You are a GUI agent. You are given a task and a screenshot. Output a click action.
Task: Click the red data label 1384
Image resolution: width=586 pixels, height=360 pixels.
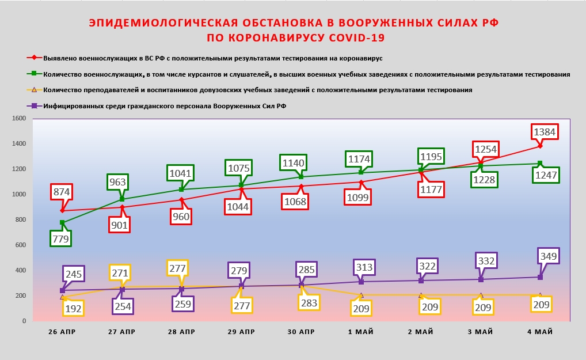click(x=544, y=132)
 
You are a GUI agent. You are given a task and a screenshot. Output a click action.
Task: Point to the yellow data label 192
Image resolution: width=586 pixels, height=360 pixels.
click(x=74, y=308)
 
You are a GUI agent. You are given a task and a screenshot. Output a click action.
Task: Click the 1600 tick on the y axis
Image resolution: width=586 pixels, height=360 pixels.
click(x=20, y=118)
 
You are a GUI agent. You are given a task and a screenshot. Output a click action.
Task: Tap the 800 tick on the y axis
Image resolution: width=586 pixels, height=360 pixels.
click(x=21, y=219)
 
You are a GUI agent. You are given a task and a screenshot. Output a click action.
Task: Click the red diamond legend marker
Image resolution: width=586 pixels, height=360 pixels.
click(x=35, y=58)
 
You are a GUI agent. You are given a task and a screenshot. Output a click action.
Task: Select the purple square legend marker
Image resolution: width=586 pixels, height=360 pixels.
click(x=35, y=105)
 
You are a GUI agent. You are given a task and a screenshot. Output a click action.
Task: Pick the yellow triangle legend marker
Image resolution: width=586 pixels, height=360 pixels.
click(x=35, y=90)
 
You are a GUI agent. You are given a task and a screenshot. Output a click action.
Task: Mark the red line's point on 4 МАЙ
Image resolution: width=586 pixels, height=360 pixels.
click(x=539, y=146)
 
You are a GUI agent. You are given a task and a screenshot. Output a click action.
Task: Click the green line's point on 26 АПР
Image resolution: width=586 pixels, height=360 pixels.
click(x=62, y=222)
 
